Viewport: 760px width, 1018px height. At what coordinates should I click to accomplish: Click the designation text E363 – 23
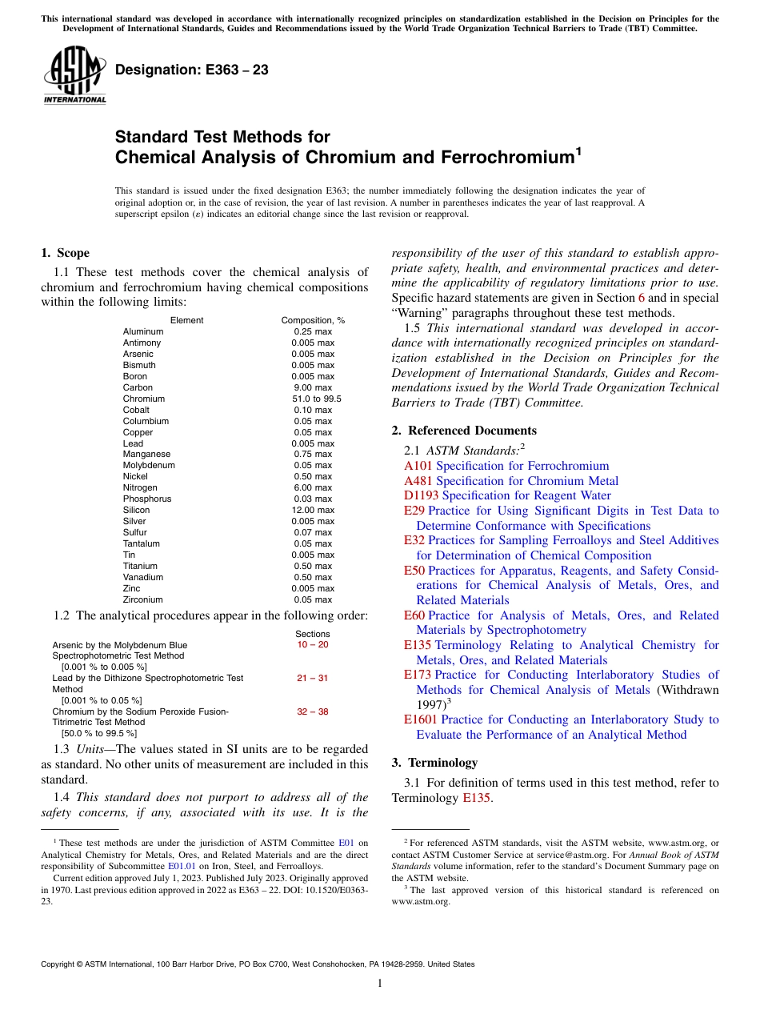(191, 70)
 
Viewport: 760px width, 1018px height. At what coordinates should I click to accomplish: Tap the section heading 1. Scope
(65, 254)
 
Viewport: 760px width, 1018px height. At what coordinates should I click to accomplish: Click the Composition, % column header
(313, 320)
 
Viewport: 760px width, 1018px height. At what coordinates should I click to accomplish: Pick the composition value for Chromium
(313, 399)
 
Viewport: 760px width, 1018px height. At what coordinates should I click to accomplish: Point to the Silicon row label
(136, 510)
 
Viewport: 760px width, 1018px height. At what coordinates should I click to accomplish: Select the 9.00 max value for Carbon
(313, 387)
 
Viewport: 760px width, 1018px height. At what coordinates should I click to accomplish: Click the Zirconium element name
(142, 599)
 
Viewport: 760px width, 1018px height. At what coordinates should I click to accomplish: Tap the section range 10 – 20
(312, 644)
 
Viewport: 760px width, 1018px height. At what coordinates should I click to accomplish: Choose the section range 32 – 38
(312, 711)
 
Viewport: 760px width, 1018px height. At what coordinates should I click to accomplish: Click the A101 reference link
(418, 466)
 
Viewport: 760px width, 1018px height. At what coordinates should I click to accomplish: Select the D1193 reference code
(421, 495)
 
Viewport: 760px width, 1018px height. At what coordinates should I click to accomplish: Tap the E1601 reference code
(421, 719)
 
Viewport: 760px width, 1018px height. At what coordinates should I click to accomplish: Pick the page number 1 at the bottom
(380, 983)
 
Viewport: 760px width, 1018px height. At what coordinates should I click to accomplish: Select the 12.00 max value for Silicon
(313, 510)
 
